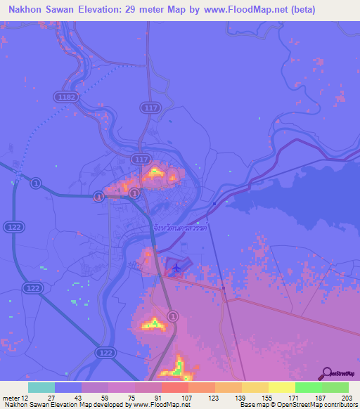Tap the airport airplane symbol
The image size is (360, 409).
point(176,266)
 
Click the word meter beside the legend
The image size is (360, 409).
point(10,398)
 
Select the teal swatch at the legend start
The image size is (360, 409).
point(41,387)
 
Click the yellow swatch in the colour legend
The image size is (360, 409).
point(281,387)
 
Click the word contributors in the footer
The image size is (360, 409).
point(335,405)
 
